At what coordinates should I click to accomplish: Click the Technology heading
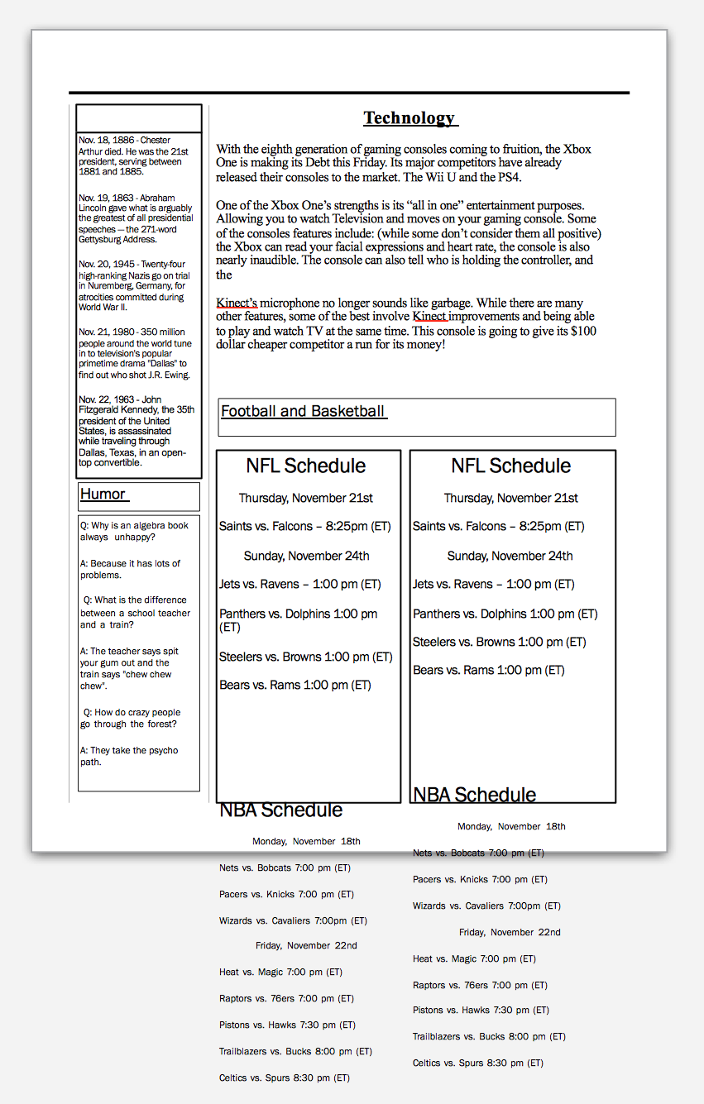[409, 118]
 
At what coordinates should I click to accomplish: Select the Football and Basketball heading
[303, 411]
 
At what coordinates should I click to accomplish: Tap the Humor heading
[103, 495]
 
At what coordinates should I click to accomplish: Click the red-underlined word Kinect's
[237, 303]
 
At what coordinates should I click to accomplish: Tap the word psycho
[162, 751]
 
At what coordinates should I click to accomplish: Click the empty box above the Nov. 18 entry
[139, 118]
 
